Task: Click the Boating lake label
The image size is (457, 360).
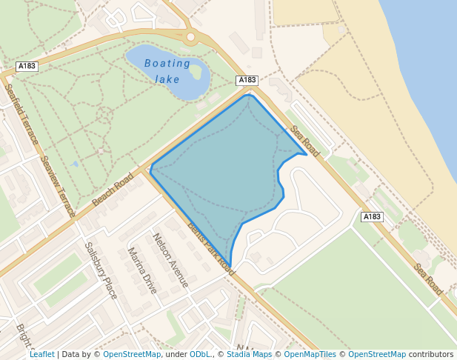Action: point(168,71)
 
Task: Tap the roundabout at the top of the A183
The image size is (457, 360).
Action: point(190,36)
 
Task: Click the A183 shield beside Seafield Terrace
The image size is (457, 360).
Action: point(27,66)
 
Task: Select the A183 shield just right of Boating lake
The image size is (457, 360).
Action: point(247,80)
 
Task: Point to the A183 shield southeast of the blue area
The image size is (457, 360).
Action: point(372,217)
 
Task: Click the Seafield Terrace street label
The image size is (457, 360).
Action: point(21,113)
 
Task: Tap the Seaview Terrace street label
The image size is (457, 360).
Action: point(58,186)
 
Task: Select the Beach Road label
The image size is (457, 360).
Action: point(113,190)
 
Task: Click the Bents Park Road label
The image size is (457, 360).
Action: point(211,249)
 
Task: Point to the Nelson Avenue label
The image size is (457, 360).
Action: point(170,260)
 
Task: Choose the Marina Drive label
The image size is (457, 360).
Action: point(143,271)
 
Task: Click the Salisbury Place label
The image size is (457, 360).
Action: point(101,270)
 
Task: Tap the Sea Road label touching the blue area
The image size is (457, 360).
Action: point(304,141)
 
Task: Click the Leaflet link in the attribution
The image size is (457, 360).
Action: point(42,354)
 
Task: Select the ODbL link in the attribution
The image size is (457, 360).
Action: point(200,354)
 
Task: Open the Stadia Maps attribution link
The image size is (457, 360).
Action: point(248,354)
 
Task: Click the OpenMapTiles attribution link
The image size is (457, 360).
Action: point(311,354)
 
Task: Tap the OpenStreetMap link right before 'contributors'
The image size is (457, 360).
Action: point(376,354)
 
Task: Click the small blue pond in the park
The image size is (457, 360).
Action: point(76,164)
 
